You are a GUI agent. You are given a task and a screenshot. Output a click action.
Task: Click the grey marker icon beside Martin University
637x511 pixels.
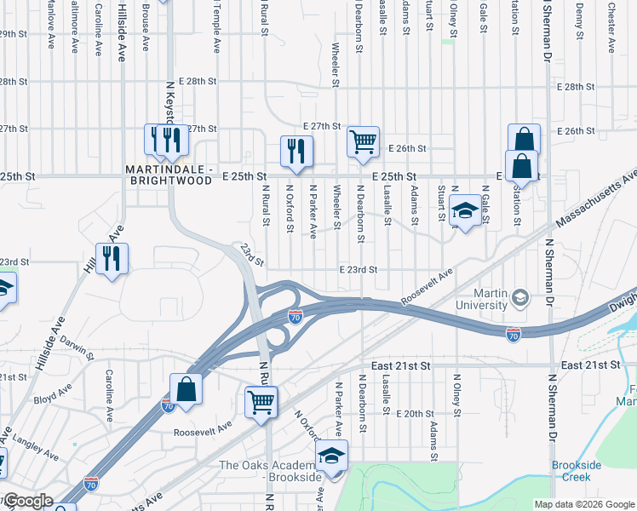pyautogui.click(x=519, y=297)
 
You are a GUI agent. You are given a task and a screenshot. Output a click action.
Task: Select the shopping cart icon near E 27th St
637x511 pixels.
pyautogui.click(x=364, y=141)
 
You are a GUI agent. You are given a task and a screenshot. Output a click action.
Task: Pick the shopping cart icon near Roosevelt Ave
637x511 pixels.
pyautogui.click(x=261, y=401)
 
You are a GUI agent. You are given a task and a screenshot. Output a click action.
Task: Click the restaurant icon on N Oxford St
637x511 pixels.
pyautogui.click(x=296, y=151)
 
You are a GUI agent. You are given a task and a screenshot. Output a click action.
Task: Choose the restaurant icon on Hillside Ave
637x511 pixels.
pyautogui.click(x=112, y=258)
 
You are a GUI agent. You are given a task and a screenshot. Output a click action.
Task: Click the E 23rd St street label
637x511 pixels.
pyautogui.click(x=358, y=269)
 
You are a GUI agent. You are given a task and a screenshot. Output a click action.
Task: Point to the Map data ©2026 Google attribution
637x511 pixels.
pyautogui.click(x=584, y=504)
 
